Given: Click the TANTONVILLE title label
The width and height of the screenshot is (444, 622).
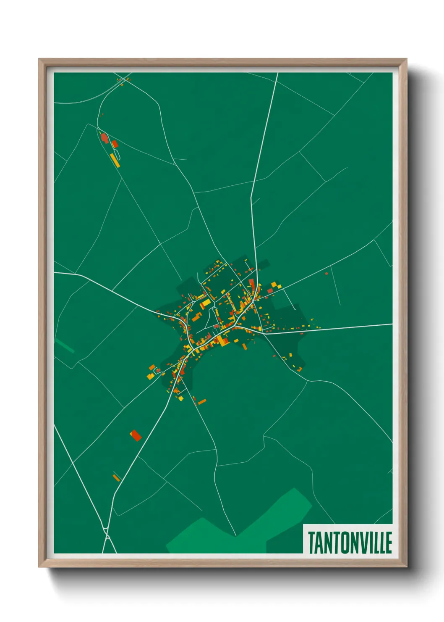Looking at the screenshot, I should coord(350,543).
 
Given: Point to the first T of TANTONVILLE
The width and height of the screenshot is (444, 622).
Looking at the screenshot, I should coord(312,543).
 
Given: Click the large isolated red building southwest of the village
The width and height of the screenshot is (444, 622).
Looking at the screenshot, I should coord(135,435).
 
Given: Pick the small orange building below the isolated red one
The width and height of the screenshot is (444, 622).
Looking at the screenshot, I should coord(116,477).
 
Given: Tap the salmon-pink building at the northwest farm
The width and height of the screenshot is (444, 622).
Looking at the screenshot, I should coord(104,138).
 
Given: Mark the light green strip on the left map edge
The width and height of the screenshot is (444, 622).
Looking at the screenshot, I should coord(65,345).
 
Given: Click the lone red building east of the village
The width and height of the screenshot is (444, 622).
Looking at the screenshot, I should coord(326,274).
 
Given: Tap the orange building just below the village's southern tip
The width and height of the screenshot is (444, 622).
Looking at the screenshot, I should coord(202,402).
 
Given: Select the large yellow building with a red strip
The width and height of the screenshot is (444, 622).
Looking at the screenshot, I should coord(205,303).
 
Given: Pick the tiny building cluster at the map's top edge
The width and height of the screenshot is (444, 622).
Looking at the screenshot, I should coord(123,80).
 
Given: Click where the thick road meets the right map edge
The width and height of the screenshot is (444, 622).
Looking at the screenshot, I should coord(392,324).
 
